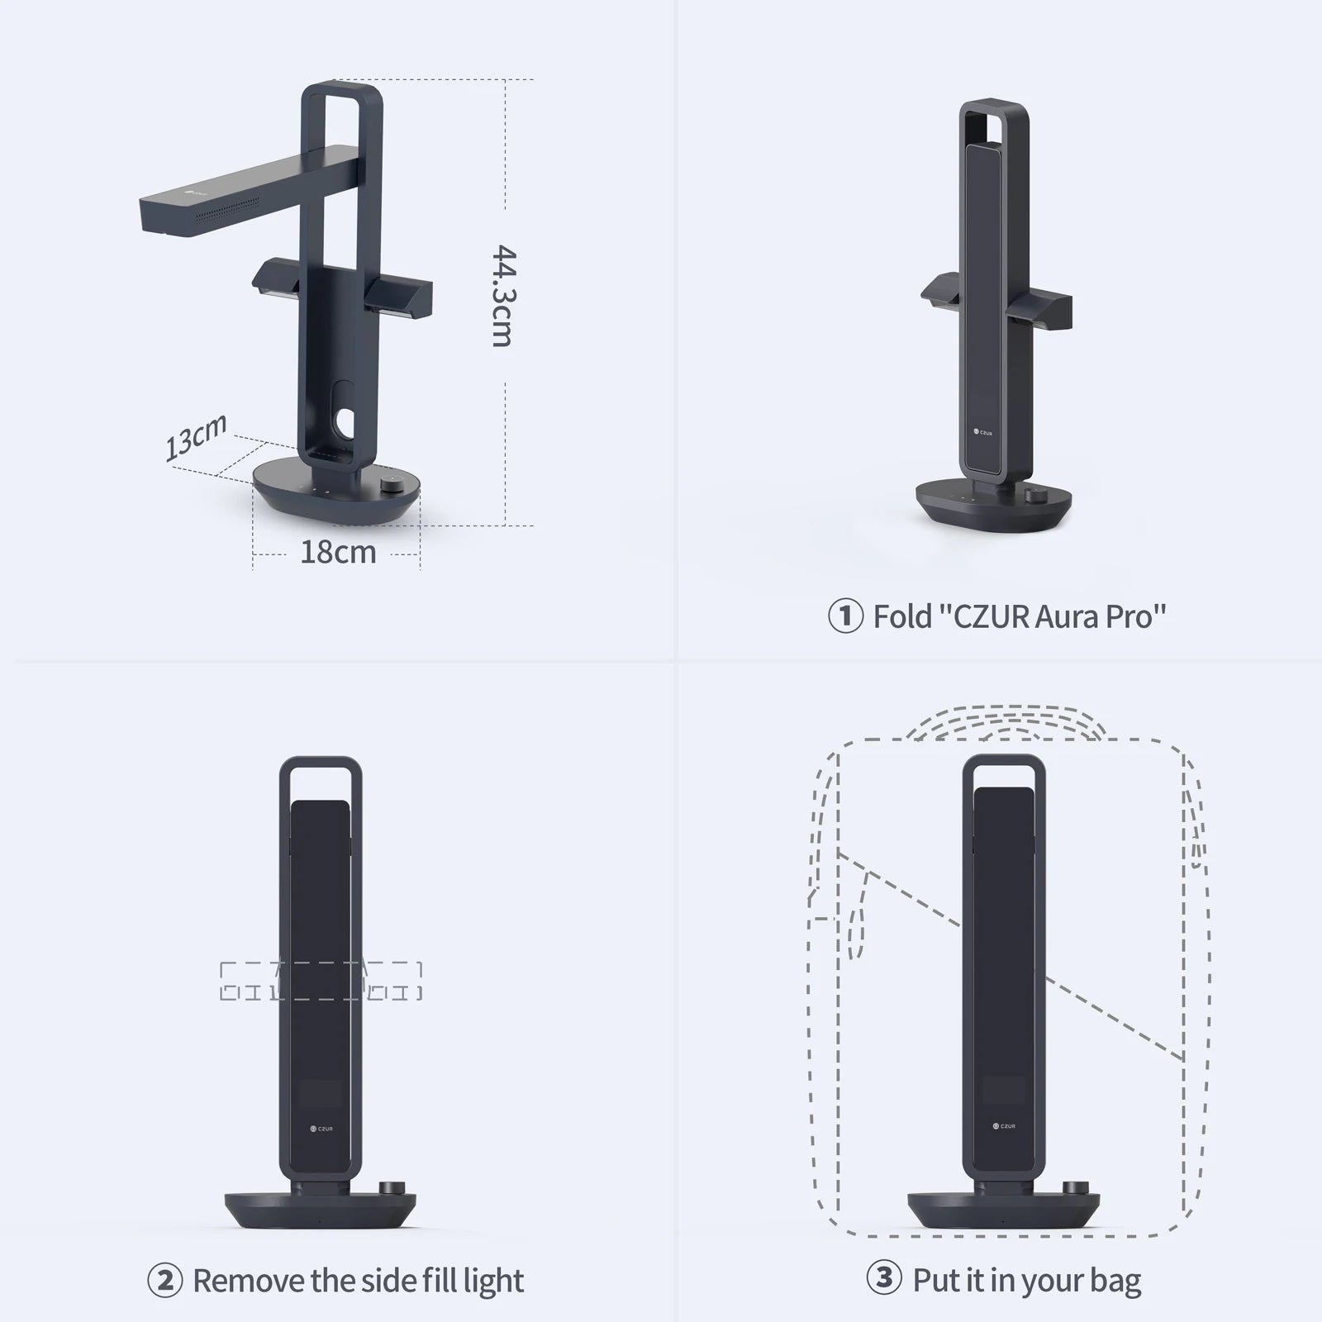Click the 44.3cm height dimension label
pos(502,295)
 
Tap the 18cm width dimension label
pos(337,551)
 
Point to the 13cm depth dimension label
pos(196,437)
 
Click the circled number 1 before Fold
pos(845,616)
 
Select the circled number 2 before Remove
pos(164,1281)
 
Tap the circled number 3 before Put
pos(884,1279)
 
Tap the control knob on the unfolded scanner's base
pos(393,486)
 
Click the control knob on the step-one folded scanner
pos(1033,496)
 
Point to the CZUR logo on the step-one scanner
pos(982,432)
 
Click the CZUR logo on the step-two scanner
pos(321,1128)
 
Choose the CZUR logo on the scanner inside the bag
pos(1004,1126)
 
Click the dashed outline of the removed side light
pos(321,981)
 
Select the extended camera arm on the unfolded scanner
pos(240,190)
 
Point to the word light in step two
pos(492,1281)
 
